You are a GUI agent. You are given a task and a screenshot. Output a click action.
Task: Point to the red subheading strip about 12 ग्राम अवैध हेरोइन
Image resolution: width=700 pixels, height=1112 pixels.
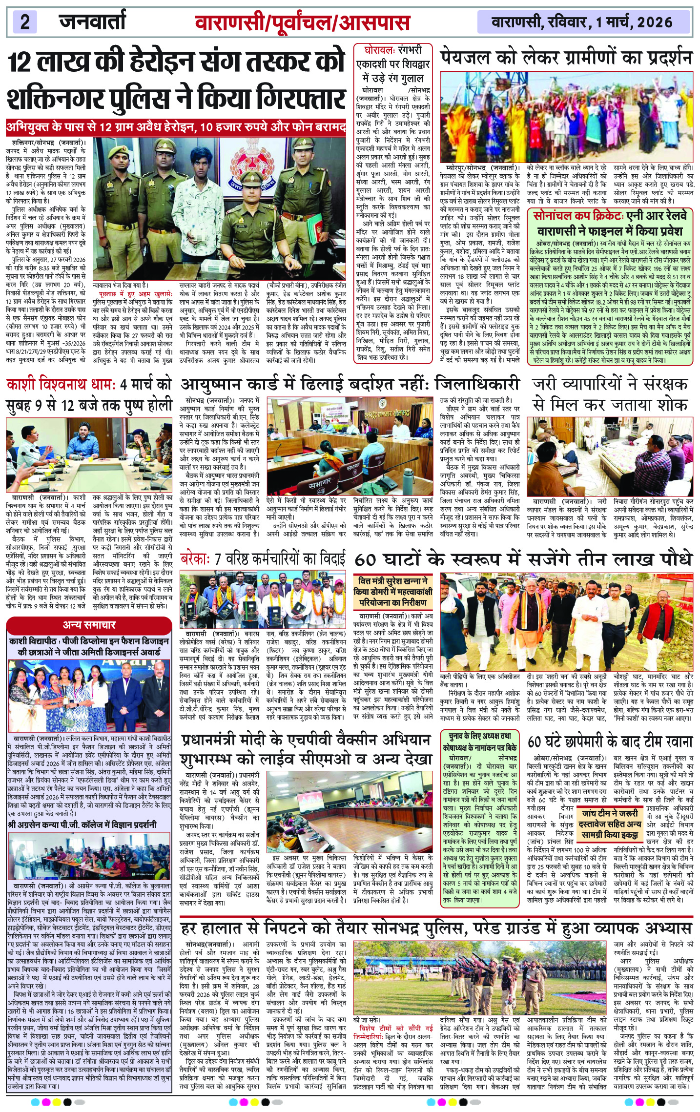tap(176, 128)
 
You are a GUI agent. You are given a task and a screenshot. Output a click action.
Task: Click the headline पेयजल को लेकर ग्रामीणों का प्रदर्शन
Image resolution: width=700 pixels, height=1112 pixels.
tap(566, 58)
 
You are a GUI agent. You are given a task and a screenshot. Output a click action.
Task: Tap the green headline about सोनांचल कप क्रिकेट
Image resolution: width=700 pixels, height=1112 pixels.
tap(610, 223)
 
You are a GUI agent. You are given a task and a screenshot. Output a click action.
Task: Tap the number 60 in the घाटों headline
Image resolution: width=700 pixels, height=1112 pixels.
tap(366, 559)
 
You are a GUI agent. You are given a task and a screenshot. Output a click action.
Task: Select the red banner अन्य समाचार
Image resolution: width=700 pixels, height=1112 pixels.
tap(89, 625)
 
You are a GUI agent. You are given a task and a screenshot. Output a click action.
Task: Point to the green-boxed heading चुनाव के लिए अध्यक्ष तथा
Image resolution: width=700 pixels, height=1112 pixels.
tap(476, 736)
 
